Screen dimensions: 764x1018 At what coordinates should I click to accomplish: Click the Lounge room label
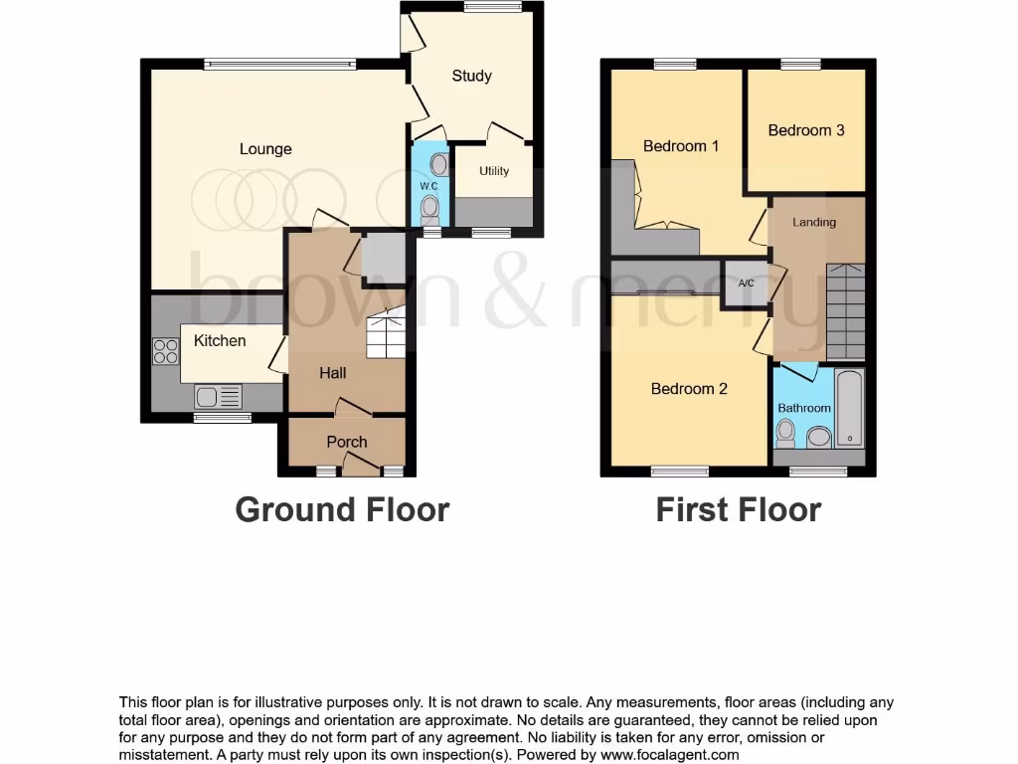tap(265, 149)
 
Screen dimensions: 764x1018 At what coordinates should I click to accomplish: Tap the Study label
tap(471, 76)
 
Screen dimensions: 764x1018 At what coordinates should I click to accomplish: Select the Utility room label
tap(494, 171)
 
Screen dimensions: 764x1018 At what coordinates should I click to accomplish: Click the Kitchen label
tap(220, 340)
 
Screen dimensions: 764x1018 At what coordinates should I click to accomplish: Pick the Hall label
tap(333, 373)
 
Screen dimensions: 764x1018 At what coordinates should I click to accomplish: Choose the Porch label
tap(347, 442)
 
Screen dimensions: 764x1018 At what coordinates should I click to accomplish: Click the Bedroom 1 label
tap(681, 146)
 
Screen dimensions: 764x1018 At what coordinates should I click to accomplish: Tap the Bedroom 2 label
tap(689, 389)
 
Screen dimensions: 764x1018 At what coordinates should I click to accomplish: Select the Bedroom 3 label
tap(806, 130)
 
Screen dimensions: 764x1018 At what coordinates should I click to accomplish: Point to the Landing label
tap(814, 222)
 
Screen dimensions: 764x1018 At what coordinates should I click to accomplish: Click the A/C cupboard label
tap(746, 284)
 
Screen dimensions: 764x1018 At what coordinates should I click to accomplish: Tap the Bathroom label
tap(804, 408)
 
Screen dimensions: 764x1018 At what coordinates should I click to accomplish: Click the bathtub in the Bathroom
tap(850, 409)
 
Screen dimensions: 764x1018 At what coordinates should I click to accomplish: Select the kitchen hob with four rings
tap(164, 350)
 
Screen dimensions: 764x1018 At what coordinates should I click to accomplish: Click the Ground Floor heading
tap(342, 509)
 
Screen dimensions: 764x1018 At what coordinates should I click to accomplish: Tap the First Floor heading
tap(738, 509)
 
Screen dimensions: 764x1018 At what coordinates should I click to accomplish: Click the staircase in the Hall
tap(387, 335)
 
